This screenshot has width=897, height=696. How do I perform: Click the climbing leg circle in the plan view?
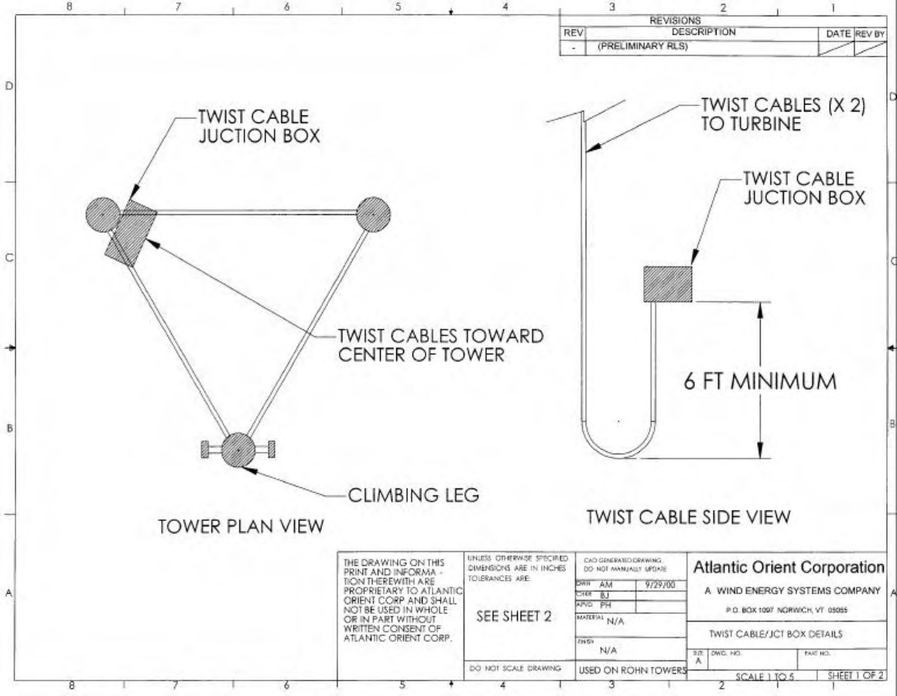(238, 449)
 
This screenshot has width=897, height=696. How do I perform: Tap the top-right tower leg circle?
(373, 213)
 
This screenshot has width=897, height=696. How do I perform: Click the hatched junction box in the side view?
(669, 284)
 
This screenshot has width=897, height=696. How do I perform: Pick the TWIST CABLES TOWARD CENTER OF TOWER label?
(440, 345)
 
